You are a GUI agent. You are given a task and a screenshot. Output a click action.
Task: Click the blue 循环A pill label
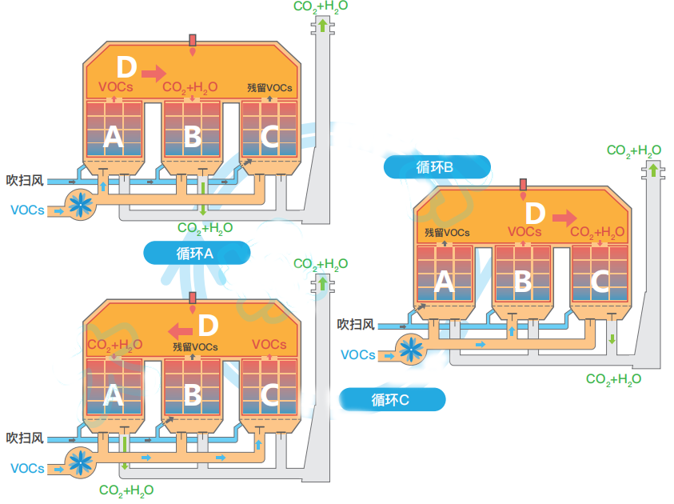(197, 253)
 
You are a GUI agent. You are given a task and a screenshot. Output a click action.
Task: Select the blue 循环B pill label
(437, 167)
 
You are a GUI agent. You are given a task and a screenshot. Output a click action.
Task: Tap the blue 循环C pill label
(392, 399)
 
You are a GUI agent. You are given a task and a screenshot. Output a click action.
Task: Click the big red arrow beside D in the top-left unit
(154, 73)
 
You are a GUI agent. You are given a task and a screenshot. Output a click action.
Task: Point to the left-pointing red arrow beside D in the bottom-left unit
(180, 331)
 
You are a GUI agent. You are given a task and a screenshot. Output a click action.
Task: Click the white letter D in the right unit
(535, 214)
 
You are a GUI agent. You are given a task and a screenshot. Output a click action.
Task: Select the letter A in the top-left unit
(114, 137)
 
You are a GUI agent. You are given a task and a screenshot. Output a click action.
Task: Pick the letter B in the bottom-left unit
(192, 394)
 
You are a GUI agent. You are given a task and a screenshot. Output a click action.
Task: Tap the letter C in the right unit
(600, 282)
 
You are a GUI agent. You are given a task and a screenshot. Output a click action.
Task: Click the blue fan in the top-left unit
(81, 205)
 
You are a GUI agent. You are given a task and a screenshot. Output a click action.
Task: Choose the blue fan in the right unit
(411, 350)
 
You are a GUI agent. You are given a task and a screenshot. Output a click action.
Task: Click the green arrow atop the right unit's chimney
(653, 169)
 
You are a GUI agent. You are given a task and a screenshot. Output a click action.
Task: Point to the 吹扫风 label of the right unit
(356, 324)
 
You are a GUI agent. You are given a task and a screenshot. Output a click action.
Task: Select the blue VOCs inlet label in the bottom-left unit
(27, 468)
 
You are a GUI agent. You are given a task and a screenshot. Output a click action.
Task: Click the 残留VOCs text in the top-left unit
(269, 88)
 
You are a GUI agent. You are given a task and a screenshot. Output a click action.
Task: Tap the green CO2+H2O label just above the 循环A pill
(205, 228)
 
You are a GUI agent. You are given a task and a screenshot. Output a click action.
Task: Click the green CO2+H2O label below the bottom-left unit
(126, 490)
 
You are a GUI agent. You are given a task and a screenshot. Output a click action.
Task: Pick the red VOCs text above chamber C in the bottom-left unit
(269, 345)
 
